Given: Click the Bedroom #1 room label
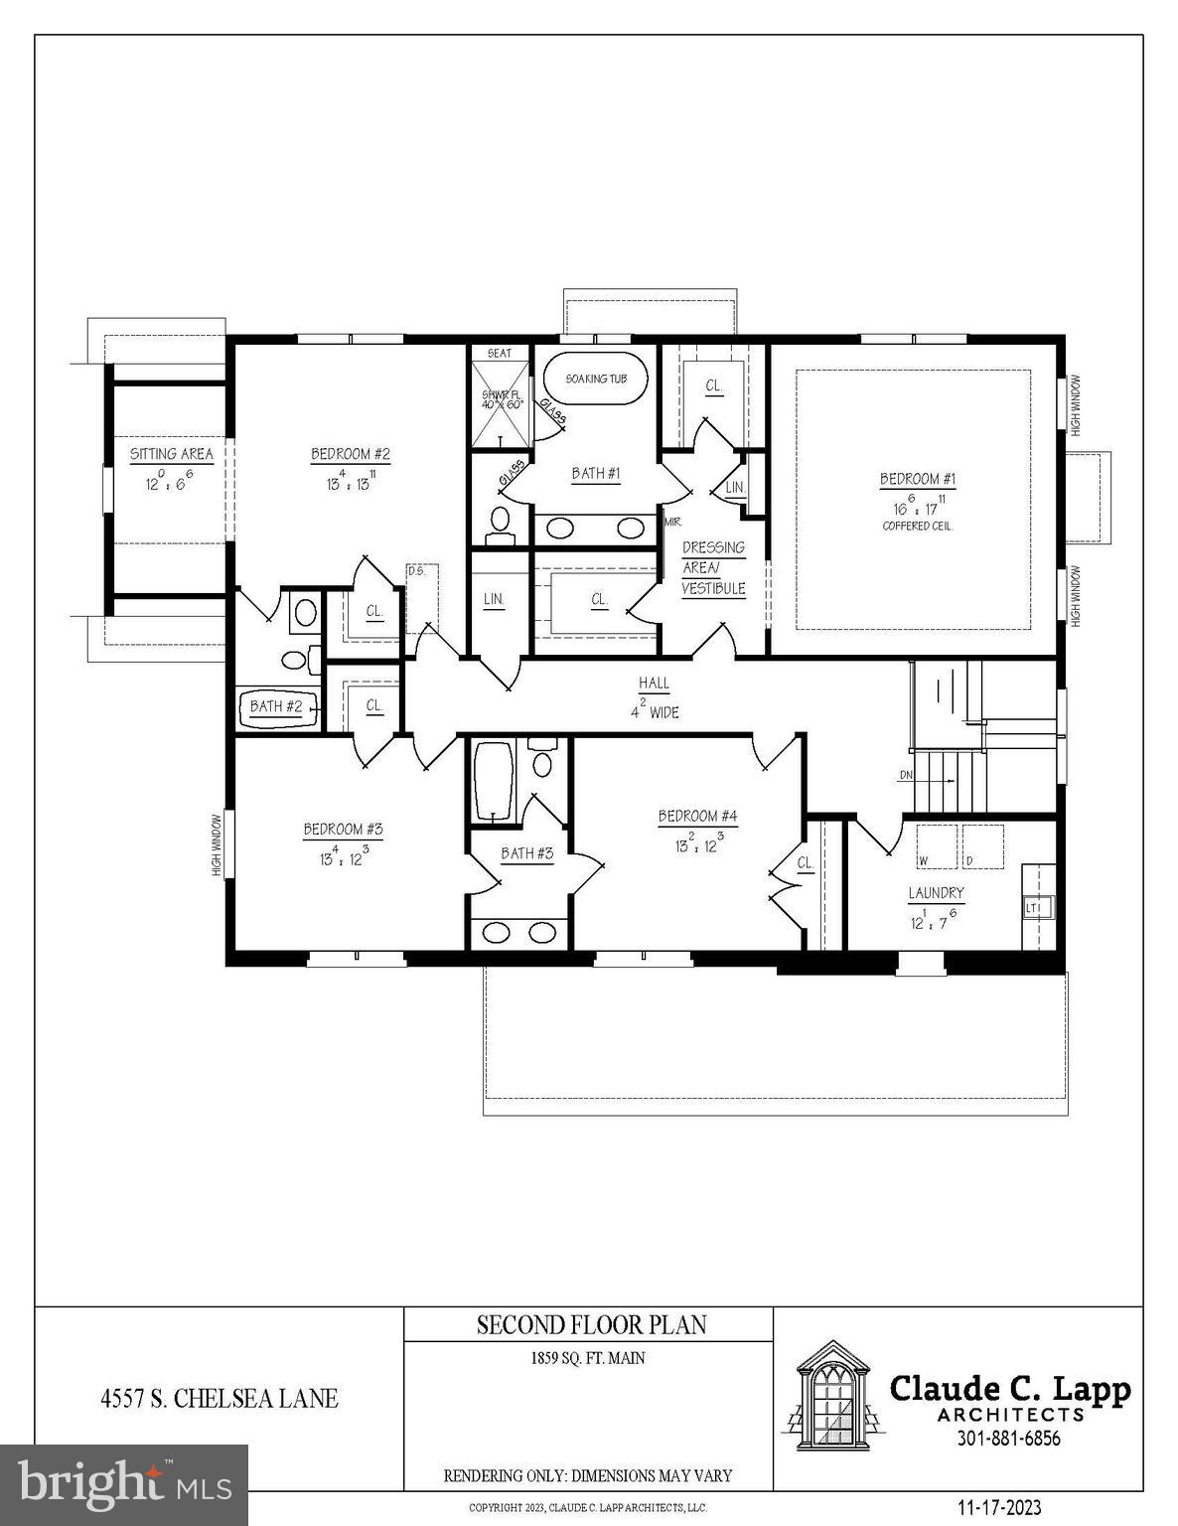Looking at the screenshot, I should pyautogui.click(x=917, y=480).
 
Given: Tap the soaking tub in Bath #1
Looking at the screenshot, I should pyautogui.click(x=595, y=379).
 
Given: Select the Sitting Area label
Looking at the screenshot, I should pyautogui.click(x=171, y=454).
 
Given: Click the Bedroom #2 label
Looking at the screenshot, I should pyautogui.click(x=350, y=454).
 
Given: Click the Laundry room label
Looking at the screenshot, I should pyautogui.click(x=936, y=893).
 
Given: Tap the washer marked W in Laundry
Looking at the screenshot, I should pyautogui.click(x=936, y=846).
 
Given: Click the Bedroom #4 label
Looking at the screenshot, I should pyautogui.click(x=697, y=817).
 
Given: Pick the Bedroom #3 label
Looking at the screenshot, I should pyautogui.click(x=343, y=829).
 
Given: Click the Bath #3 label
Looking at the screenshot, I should pyautogui.click(x=526, y=853).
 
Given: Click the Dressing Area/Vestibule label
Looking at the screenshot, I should pyautogui.click(x=713, y=568).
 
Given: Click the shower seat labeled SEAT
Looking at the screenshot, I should pyautogui.click(x=500, y=353).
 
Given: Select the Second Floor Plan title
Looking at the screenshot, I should pyautogui.click(x=591, y=1324).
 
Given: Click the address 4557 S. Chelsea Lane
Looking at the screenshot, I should pyautogui.click(x=219, y=1399).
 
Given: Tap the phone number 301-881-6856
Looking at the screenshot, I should pyautogui.click(x=1007, y=1438).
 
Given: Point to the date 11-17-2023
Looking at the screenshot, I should pyautogui.click(x=999, y=1508).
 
